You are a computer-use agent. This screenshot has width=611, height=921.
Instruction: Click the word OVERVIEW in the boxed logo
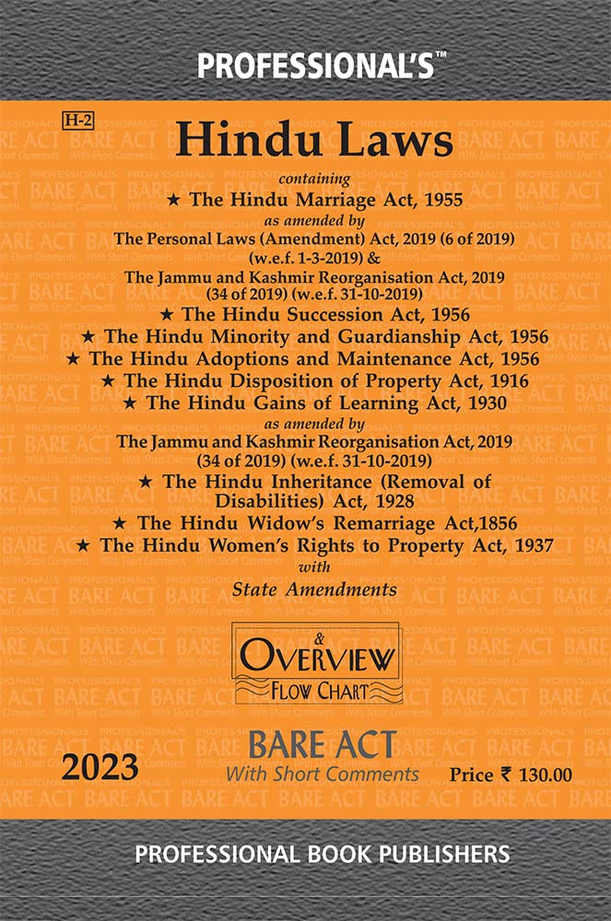(x=318, y=658)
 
